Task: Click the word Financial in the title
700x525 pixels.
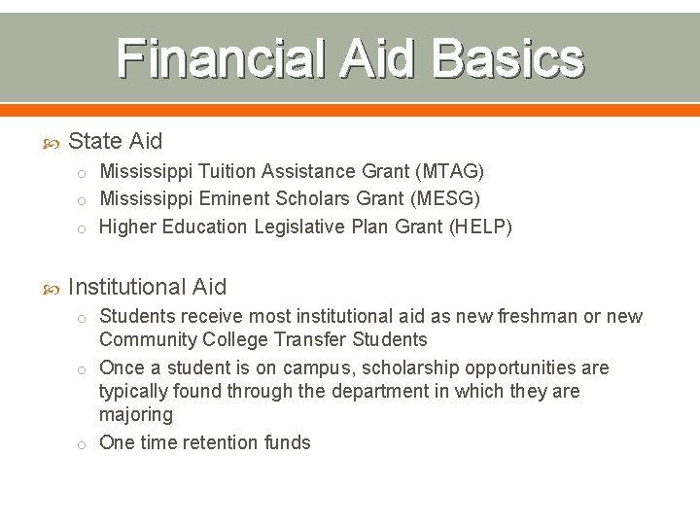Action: coord(222,58)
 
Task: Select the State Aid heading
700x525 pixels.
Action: coord(116,141)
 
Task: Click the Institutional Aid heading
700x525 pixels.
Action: coord(147,287)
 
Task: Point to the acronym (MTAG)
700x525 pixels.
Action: coord(449,171)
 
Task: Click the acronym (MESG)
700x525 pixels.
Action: coord(446,198)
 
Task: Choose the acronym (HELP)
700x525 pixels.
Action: coord(477,227)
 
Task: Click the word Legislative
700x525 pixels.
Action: coord(300,227)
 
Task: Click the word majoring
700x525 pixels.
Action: coord(136,414)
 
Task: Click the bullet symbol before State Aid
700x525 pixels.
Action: coord(53,142)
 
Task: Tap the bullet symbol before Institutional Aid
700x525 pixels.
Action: coord(53,288)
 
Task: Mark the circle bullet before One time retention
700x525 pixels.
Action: coord(84,443)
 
